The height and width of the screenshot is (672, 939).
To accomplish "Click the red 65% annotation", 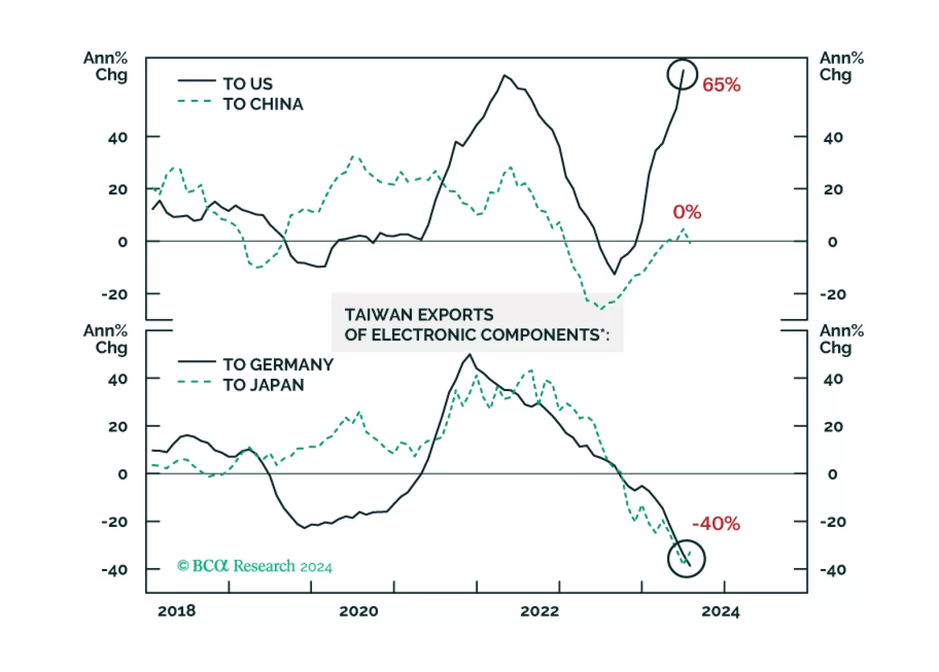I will coord(721,85).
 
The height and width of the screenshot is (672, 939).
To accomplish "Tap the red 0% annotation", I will coord(687,212).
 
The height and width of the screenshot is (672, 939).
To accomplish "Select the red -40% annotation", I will coord(716,523).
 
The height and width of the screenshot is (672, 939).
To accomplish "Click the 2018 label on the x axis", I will coord(176,611).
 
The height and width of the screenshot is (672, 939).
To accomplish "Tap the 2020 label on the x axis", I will coord(358,611).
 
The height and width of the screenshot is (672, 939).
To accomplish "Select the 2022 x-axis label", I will coord(539,611).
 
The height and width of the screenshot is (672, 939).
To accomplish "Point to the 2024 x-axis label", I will coord(720,611).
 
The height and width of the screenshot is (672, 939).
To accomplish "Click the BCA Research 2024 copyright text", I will coord(254,566).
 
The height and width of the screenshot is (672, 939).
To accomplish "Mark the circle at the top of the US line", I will coord(682,75).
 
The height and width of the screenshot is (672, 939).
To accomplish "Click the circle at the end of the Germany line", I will coord(686,559).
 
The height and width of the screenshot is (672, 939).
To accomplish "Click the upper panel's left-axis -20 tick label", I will coord(114,294).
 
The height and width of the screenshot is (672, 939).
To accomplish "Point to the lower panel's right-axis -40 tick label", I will coord(833,569).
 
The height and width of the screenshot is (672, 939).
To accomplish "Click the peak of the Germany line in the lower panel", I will coord(469,355).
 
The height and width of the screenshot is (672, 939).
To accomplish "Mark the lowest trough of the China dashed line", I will coord(601,308).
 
